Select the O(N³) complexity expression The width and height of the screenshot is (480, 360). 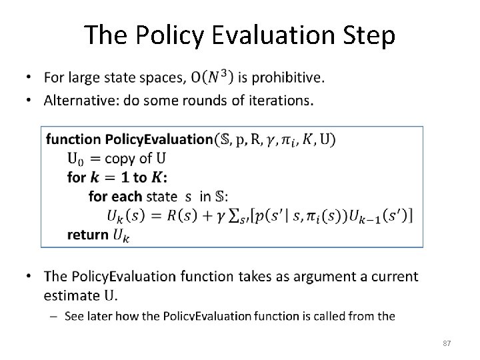coord(211,78)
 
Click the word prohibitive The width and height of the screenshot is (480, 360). coord(287,78)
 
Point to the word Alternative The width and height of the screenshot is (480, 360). coord(77,101)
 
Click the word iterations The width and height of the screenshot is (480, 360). coord(277,101)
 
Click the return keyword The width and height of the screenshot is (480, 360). coord(88,234)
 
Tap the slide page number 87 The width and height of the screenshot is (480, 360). coord(447,343)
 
